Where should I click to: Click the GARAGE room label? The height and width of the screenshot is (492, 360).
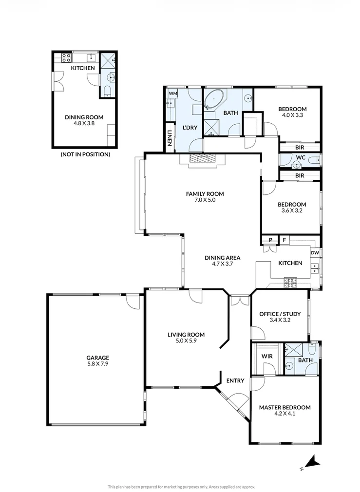[x=98, y=357]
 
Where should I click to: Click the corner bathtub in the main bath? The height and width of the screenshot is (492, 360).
[x=214, y=99]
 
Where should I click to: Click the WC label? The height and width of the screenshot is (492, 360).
[x=300, y=157]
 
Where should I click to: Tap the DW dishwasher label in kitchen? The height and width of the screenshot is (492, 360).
[x=315, y=253]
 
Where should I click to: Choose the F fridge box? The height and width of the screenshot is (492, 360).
[x=284, y=240]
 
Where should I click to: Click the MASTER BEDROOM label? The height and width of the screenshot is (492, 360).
[x=284, y=407]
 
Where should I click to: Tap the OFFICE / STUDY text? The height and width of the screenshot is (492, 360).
[x=280, y=314]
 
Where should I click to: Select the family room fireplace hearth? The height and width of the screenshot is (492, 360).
[x=201, y=159]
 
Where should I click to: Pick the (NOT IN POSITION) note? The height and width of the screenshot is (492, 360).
[x=85, y=154]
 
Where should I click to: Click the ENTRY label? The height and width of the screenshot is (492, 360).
[x=234, y=381]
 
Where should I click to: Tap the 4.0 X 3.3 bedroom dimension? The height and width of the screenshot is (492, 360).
[x=292, y=115]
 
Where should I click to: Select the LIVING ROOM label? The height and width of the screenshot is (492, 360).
[x=186, y=335]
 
